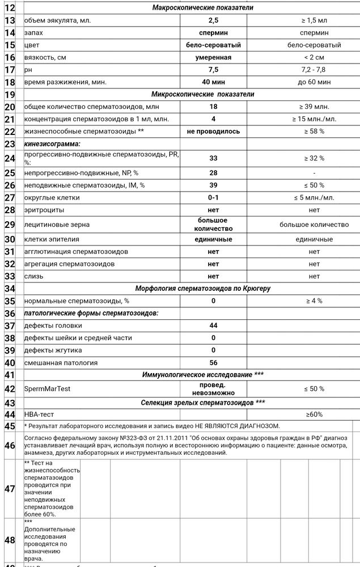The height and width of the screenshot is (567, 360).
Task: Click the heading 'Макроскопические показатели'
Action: pos(202,7)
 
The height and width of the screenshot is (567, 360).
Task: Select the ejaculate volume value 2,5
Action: pos(213,20)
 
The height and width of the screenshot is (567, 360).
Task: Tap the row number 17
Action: pos(10,70)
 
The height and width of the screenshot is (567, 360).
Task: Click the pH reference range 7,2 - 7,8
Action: pos(314,70)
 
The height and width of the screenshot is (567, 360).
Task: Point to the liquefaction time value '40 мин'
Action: pos(213,82)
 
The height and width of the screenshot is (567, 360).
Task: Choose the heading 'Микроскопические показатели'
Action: pos(202,94)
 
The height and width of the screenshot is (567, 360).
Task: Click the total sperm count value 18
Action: pos(213,107)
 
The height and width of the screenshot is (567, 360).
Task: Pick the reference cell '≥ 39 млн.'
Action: pos(314,107)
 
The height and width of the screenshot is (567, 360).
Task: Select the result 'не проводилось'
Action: pos(213,132)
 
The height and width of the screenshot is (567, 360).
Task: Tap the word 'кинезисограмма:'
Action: pos(52,144)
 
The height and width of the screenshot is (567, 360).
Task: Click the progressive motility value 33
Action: pos(213,158)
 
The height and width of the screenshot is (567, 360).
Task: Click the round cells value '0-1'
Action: pos(213,197)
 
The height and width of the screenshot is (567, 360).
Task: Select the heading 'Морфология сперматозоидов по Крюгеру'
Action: pos(202,289)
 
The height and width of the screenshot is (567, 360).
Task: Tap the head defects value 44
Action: pos(213,325)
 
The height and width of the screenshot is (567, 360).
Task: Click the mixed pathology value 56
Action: pos(213,363)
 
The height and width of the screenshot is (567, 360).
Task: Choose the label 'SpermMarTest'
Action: pos(47,388)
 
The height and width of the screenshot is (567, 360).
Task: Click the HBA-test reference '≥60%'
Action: pos(314,414)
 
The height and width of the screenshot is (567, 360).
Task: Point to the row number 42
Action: pos(10,388)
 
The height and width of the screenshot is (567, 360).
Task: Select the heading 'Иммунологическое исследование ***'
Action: pos(202,375)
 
